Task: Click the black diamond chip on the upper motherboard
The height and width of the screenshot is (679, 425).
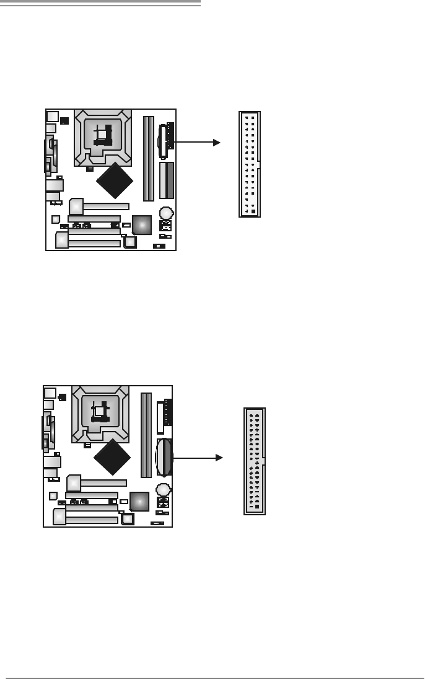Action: point(116,180)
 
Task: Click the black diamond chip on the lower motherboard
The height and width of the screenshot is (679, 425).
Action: point(113,456)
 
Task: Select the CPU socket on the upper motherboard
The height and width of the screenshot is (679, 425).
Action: point(103,138)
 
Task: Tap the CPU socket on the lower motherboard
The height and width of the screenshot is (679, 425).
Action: point(100,414)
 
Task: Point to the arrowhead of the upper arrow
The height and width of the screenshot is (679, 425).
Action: point(217,142)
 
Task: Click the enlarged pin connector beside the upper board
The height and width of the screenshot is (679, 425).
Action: point(250,164)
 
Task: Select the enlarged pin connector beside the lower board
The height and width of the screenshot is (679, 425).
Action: point(255,461)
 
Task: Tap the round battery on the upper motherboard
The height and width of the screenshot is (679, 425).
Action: point(166,212)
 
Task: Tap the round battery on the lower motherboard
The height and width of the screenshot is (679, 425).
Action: point(163,489)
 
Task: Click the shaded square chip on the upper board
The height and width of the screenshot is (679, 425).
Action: point(142,225)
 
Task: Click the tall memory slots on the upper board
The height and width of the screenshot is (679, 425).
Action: point(149,158)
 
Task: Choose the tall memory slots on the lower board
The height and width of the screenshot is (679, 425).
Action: point(146,435)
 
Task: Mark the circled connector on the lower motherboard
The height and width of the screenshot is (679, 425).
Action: point(165,458)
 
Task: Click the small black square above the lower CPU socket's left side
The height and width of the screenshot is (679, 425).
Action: point(61,396)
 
